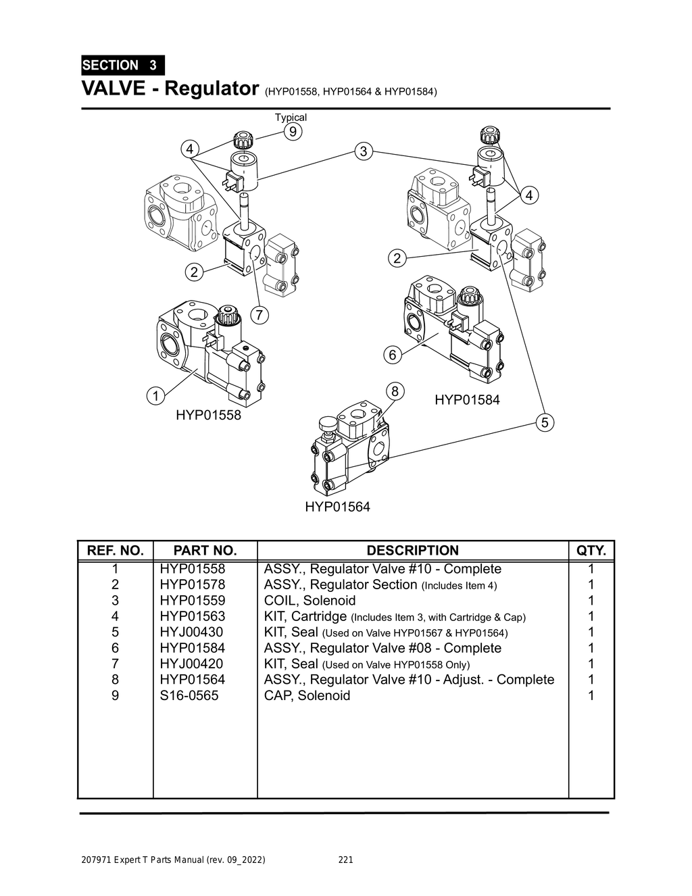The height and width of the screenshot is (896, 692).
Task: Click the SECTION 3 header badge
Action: click(x=122, y=66)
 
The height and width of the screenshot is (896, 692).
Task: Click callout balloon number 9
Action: click(x=292, y=131)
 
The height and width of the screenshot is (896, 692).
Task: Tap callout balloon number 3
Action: click(x=364, y=151)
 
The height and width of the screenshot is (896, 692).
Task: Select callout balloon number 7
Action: click(x=259, y=314)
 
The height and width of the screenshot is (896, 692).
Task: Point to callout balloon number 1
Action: click(x=155, y=396)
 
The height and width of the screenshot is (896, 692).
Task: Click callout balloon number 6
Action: click(x=392, y=355)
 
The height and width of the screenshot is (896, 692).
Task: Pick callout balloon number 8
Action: click(x=395, y=391)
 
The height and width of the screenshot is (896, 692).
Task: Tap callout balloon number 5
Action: click(x=545, y=422)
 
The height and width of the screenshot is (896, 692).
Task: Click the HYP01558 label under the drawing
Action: click(x=208, y=415)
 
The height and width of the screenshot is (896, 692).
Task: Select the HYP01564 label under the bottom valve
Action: click(x=337, y=507)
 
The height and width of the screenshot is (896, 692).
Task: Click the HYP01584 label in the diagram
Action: click(x=467, y=400)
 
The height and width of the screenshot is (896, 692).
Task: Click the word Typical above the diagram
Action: click(x=291, y=118)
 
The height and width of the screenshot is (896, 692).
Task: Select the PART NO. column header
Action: click(x=205, y=551)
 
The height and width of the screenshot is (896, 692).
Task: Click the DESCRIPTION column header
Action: click(x=412, y=551)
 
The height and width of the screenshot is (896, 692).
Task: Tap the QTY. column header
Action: click(x=591, y=551)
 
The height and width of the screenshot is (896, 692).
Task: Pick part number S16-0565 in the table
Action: click(x=189, y=695)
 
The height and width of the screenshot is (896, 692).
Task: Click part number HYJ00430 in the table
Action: click(x=191, y=632)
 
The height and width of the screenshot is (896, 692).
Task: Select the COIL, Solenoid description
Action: click(x=310, y=601)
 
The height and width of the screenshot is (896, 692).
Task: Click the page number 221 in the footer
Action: click(x=345, y=860)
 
